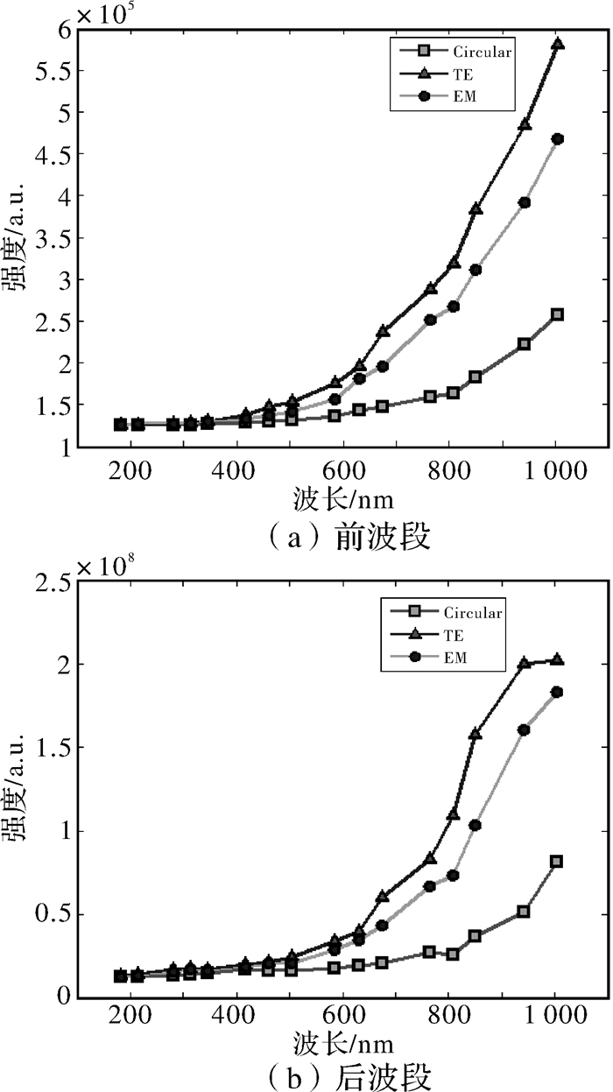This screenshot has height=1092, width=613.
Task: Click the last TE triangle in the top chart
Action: tap(557, 44)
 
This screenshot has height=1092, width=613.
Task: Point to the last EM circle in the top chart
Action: tap(557, 139)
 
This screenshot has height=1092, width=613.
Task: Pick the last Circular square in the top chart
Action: tap(557, 314)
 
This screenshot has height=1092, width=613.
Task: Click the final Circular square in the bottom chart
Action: tap(556, 862)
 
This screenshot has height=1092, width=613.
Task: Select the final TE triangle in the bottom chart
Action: tap(557, 659)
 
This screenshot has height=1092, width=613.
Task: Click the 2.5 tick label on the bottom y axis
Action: tap(46, 585)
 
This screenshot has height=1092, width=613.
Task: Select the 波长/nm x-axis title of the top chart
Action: tap(343, 500)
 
